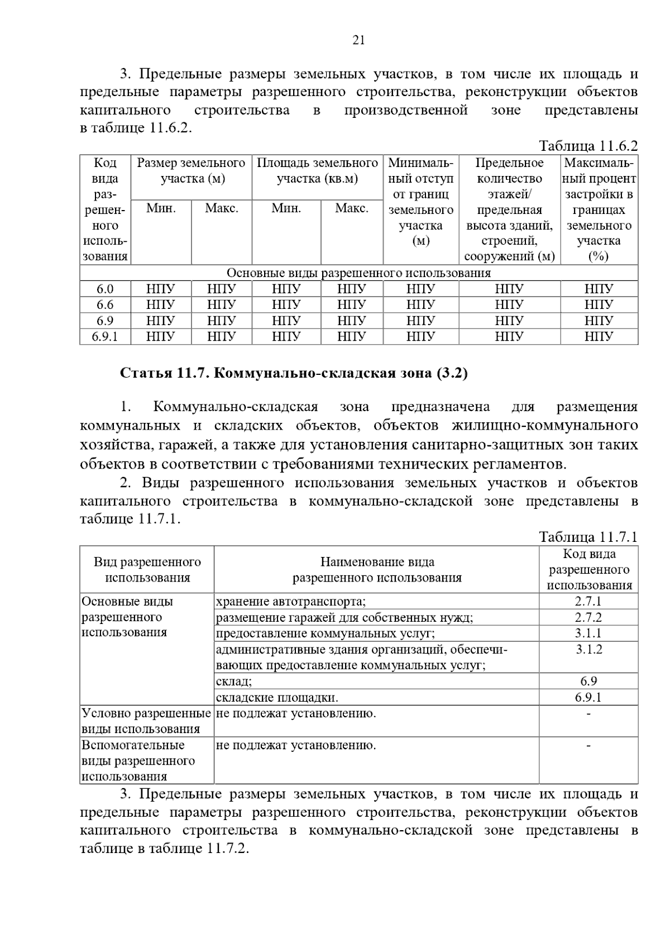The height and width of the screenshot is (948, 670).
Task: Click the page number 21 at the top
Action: click(x=358, y=40)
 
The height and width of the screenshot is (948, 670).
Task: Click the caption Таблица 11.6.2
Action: click(x=588, y=146)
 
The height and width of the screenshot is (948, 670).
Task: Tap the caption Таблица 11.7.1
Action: click(x=588, y=537)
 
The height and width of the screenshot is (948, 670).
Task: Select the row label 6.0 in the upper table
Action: click(x=105, y=289)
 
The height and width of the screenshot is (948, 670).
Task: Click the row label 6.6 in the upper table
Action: click(x=105, y=304)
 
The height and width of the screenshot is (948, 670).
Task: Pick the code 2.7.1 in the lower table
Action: click(x=588, y=602)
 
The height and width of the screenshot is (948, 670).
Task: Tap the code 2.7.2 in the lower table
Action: click(x=588, y=617)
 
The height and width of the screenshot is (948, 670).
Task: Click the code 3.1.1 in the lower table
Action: click(x=588, y=633)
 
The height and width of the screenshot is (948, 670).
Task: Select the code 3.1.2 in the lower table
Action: click(x=588, y=650)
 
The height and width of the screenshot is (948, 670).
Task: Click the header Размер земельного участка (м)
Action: click(x=192, y=171)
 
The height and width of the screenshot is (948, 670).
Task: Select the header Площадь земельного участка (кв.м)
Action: click(x=317, y=171)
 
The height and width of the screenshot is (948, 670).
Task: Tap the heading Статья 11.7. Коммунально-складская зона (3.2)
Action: click(x=294, y=373)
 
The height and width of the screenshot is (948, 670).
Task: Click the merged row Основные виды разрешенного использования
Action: click(x=358, y=273)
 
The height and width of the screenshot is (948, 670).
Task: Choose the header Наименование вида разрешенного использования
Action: click(x=377, y=570)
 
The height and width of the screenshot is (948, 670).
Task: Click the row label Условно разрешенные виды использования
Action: click(x=146, y=721)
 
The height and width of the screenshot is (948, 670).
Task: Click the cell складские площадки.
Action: click(x=277, y=698)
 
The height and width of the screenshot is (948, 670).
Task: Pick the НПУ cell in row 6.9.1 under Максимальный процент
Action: click(x=599, y=336)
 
